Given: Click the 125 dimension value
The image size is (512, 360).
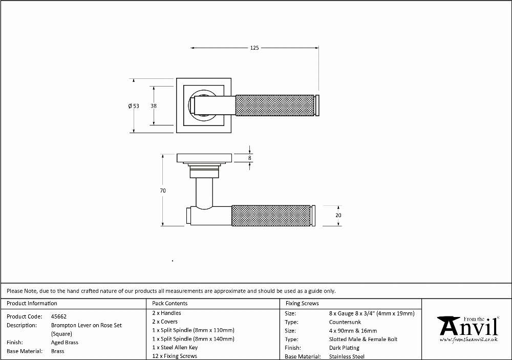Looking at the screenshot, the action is pyautogui.click(x=254, y=48).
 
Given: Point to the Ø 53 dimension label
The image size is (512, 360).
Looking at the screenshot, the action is pyautogui.click(x=134, y=106).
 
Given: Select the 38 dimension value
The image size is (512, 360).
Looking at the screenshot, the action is pyautogui.click(x=154, y=106).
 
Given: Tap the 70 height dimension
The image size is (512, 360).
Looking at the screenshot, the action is pyautogui.click(x=163, y=190).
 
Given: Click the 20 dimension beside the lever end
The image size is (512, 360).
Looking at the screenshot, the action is pyautogui.click(x=338, y=215).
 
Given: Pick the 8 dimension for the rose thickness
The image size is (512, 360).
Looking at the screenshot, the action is pyautogui.click(x=250, y=158).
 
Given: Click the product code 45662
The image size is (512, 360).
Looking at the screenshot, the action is pyautogui.click(x=59, y=316).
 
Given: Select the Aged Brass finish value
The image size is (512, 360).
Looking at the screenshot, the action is pyautogui.click(x=65, y=343).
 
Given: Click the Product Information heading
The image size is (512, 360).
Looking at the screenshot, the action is pyautogui.click(x=32, y=303).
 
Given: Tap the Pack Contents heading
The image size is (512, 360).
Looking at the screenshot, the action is pyautogui.click(x=170, y=303).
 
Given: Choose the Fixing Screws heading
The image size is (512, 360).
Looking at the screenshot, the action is pyautogui.click(x=302, y=303).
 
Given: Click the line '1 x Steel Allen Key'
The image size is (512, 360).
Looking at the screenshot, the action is pyautogui.click(x=175, y=347).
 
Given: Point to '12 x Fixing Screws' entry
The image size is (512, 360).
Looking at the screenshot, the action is pyautogui.click(x=175, y=356).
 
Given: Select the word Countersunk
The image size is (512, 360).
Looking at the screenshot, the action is pyautogui.click(x=345, y=322).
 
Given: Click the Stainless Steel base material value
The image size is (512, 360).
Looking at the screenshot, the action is pyautogui.click(x=347, y=356).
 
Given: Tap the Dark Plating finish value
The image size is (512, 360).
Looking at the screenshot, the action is pyautogui.click(x=344, y=348).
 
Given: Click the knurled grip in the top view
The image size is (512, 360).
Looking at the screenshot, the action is pyautogui.click(x=274, y=105).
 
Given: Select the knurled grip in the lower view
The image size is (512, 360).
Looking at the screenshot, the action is pyautogui.click(x=271, y=216).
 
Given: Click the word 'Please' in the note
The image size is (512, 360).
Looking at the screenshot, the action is pyautogui.click(x=15, y=291).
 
